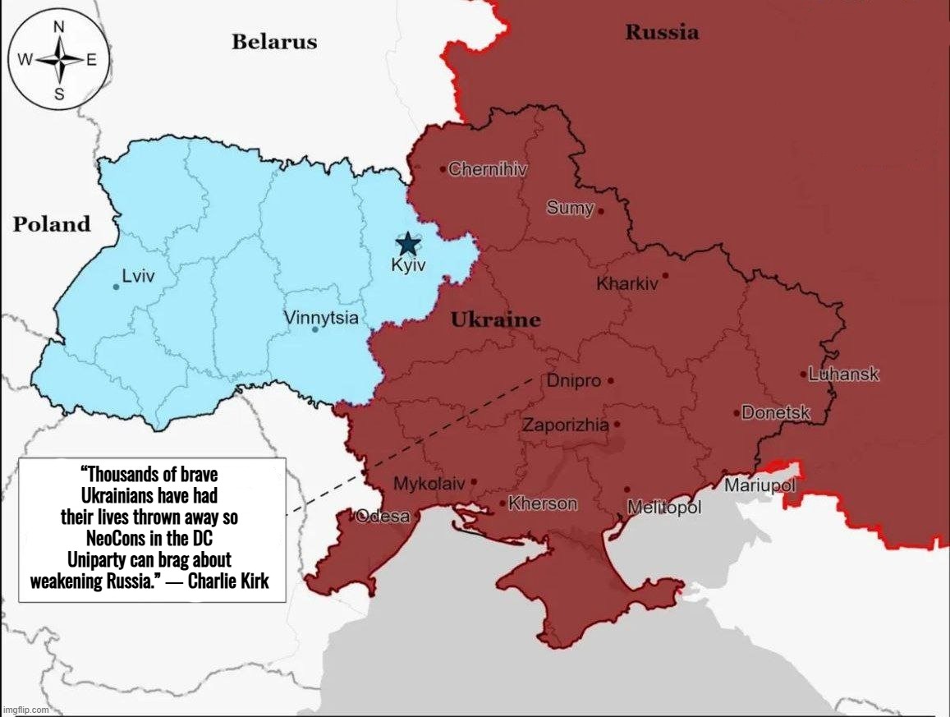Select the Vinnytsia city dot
click(x=315, y=329)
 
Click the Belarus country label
click(x=274, y=42)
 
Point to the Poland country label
click(x=52, y=224)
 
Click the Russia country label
click(x=662, y=33)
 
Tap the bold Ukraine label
click(x=496, y=320)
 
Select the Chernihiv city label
click(x=488, y=169)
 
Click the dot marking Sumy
click(x=601, y=211)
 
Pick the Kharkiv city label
click(x=627, y=284)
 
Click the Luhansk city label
click(x=843, y=375)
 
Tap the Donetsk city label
click(x=776, y=413)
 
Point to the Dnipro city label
click(x=574, y=381)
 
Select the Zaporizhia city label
click(x=566, y=425)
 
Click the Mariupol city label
click(x=760, y=485)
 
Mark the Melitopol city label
click(x=664, y=508)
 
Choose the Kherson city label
click(x=543, y=503)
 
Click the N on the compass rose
click(x=59, y=26)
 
